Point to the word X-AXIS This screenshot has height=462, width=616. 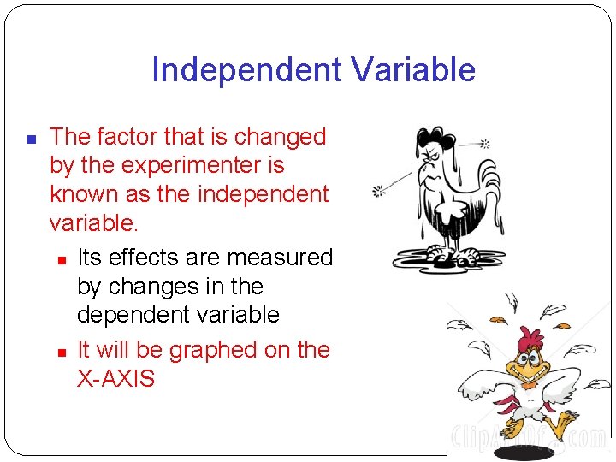116,378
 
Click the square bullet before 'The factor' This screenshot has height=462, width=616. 30,138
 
